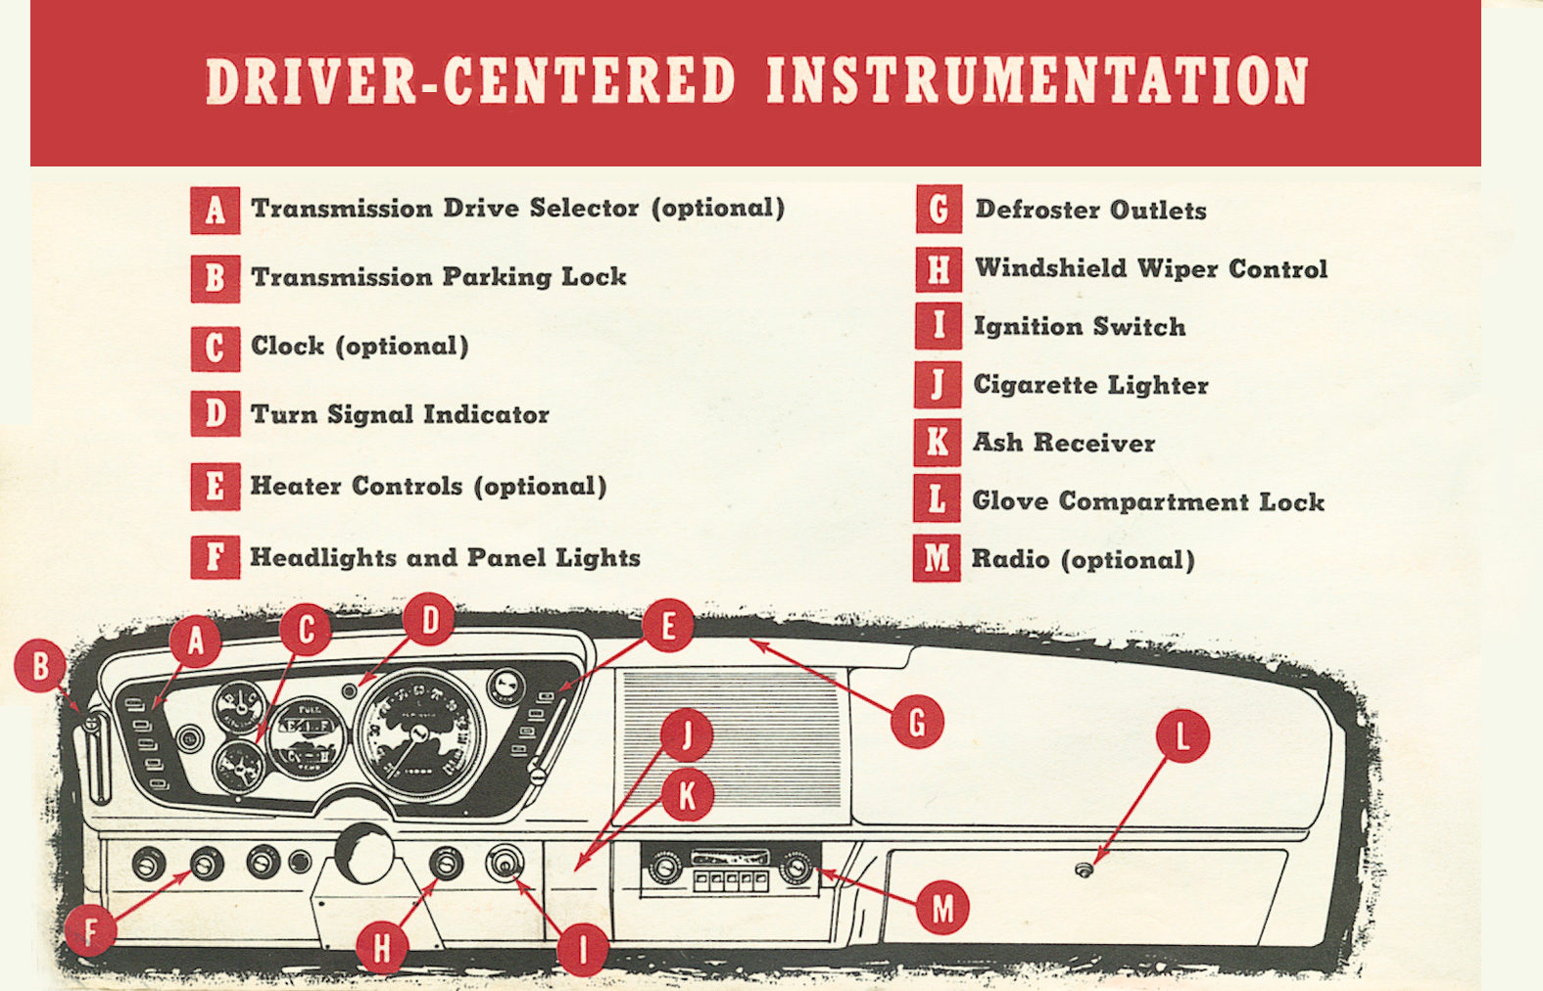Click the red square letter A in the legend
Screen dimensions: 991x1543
(215, 210)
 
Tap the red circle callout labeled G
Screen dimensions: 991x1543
(917, 723)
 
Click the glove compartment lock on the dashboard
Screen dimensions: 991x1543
(1084, 870)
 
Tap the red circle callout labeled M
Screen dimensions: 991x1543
(941, 908)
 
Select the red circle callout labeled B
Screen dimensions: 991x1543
(40, 666)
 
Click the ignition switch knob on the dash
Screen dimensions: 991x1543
(506, 866)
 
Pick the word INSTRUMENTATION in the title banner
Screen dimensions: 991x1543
(1037, 80)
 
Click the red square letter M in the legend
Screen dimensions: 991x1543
(937, 558)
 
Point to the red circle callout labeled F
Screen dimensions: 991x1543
(90, 930)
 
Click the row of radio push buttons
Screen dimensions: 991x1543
(730, 880)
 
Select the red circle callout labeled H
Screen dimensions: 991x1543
(381, 946)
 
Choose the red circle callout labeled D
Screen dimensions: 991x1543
(429, 619)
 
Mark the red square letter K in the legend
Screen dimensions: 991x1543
(937, 443)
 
